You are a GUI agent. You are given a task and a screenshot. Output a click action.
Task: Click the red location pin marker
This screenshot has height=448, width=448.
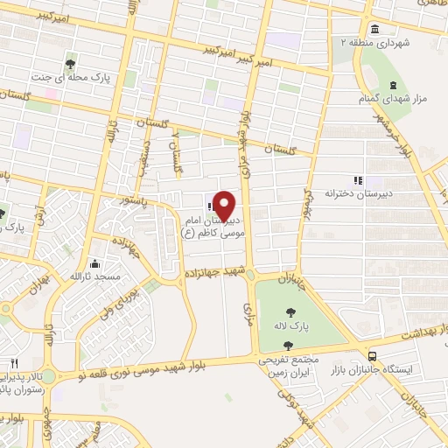(x=224, y=205)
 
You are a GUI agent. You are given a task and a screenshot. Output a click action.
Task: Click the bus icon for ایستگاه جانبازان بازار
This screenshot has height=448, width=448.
(x=374, y=356)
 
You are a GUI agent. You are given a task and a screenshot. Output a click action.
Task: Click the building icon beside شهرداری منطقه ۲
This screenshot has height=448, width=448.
(x=374, y=26)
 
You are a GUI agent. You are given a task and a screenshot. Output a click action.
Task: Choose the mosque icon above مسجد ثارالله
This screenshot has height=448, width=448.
(x=94, y=263)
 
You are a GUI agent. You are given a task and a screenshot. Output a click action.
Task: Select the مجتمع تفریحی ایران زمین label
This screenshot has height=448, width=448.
(x=289, y=367)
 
